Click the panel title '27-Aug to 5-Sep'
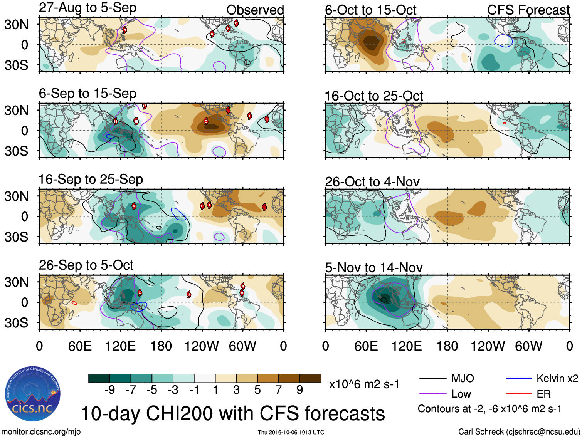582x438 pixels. click(87, 8)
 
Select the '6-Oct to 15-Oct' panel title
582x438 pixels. click(370, 10)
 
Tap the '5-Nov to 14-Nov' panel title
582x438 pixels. click(373, 267)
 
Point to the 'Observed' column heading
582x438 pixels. click(255, 10)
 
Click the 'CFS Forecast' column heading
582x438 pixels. click(528, 10)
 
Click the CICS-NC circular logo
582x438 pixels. click(32, 394)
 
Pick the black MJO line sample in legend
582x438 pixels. click(432, 378)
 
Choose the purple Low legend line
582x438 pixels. click(432, 394)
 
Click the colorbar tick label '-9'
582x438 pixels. click(109, 390)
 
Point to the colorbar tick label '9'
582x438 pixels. click(300, 390)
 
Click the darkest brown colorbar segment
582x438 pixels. click(310, 378)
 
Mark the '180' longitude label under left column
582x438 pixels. click(161, 346)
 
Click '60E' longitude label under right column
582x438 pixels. click(366, 346)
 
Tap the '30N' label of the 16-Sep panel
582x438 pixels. click(16, 196)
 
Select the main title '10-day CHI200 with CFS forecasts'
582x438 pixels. click(232, 413)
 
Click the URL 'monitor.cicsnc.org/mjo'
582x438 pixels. click(41, 431)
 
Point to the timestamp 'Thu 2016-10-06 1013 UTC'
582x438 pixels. click(291, 432)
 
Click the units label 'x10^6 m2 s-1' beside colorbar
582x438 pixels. click(364, 384)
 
